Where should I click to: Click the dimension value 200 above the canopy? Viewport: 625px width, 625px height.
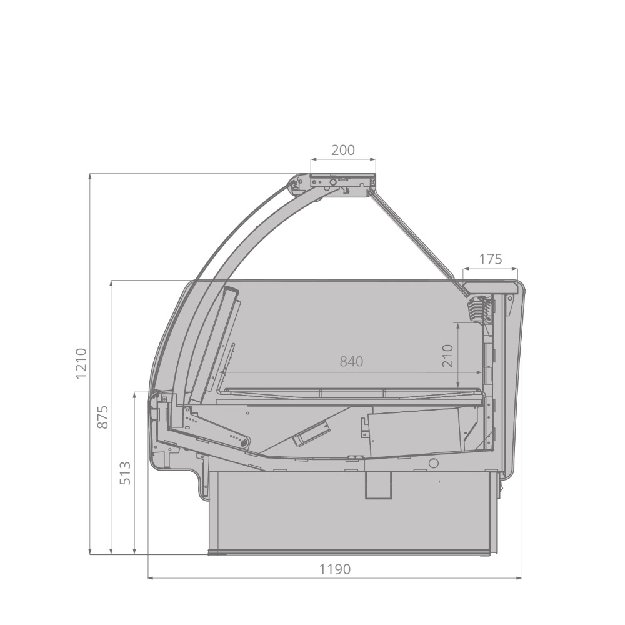pyautogui.click(x=343, y=150)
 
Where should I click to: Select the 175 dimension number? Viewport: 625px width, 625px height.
pyautogui.click(x=491, y=259)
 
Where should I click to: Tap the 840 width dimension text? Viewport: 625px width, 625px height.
pyautogui.click(x=351, y=361)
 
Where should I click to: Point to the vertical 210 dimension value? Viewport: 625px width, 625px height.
pyautogui.click(x=448, y=356)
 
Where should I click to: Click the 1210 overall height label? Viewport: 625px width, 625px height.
pyautogui.click(x=80, y=363)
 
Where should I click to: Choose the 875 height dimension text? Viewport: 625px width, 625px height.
pyautogui.click(x=103, y=417)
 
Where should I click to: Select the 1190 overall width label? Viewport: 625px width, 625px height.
pyautogui.click(x=335, y=569)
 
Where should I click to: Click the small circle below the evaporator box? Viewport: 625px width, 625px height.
pyautogui.click(x=433, y=463)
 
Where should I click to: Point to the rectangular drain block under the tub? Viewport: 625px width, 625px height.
pyautogui.click(x=378, y=485)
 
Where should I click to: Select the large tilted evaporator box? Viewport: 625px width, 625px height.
pyautogui.click(x=416, y=431)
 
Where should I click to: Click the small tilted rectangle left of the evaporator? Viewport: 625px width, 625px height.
pyautogui.click(x=311, y=434)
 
